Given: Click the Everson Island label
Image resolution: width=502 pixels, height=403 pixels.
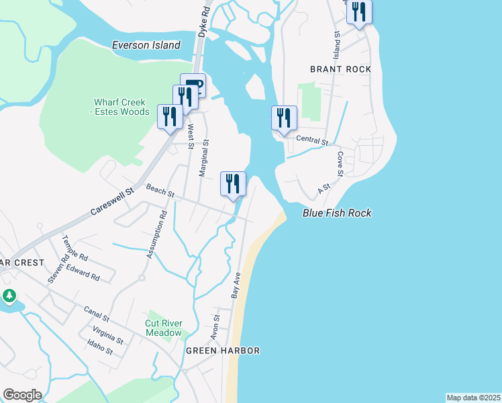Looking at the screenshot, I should pos(146,45).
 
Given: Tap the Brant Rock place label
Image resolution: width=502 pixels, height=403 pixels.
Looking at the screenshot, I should pos(340,69).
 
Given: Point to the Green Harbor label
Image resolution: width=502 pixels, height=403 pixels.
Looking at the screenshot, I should pos(223,351).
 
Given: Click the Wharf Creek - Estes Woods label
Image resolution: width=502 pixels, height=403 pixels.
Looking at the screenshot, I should pos(121,107).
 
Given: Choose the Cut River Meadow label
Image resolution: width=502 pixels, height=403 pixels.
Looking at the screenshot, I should pos(164,328).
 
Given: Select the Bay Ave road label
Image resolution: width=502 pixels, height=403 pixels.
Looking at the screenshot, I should pos(236,285).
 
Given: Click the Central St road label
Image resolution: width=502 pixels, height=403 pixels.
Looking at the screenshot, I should pos(312,142).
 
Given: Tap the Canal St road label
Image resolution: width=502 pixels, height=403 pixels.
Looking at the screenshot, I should pos(96,313).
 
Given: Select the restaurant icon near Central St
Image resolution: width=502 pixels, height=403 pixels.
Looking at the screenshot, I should pos(284,118).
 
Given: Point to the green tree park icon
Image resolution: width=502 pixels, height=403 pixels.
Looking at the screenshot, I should pos(9,295).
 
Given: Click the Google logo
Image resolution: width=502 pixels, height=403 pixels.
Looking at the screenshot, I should pos(22,395).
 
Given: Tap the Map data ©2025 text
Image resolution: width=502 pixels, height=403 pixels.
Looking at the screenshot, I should pos(473,398).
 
